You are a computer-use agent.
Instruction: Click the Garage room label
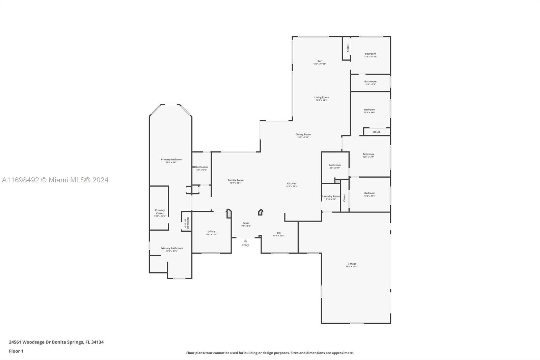[352, 264]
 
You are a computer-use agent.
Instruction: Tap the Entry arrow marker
[245, 241]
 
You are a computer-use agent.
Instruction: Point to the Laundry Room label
[331, 196]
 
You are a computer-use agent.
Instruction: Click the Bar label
[319, 61]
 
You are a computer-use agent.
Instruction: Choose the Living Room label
[321, 97]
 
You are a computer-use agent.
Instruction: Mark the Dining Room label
[303, 134]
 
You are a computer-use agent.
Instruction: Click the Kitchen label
[292, 183]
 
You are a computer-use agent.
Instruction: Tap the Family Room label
[235, 180]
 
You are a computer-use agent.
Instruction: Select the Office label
[211, 232]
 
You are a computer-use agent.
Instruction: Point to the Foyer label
[246, 223]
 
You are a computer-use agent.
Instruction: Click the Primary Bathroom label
[171, 248]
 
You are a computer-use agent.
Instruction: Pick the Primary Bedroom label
[171, 159]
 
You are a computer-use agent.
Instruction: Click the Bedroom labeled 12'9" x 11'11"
[370, 54]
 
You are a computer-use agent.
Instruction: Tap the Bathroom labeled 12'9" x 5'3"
[370, 81]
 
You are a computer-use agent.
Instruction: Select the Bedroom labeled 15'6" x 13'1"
[368, 154]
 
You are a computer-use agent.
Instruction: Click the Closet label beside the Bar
[348, 48]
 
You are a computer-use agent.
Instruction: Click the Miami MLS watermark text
[55, 180]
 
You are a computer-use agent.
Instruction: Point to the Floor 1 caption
[16, 351]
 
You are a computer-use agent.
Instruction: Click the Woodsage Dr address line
[56, 342]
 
